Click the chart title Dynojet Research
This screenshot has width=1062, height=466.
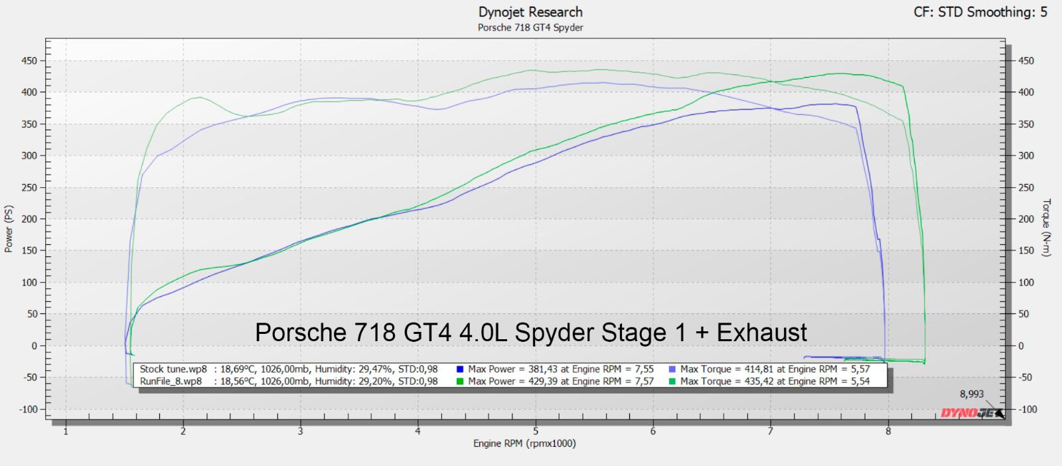pos(530,12)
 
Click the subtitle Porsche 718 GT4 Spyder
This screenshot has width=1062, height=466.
pos(530,28)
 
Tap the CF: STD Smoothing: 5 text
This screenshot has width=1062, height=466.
pos(980,12)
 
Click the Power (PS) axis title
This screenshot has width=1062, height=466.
pos(9,228)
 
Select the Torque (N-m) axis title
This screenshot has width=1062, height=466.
pos(1047,228)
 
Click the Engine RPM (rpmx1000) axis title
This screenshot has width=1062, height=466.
pos(524,443)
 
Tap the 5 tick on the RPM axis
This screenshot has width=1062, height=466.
pos(536,431)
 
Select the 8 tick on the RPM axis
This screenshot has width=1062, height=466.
pos(888,431)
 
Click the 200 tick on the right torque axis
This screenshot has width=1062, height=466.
pos(1026,219)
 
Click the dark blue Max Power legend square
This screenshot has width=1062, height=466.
pos(460,369)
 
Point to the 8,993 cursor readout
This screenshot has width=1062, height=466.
pos(972,394)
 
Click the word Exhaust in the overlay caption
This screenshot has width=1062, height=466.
pos(762,332)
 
